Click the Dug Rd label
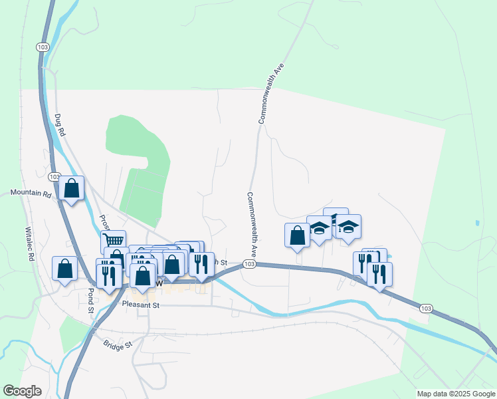61,126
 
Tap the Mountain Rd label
31,194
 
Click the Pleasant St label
142,305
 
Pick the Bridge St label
118,344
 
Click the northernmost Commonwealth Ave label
271,94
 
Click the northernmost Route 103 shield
43,47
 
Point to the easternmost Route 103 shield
426,308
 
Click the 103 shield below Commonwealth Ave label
249,264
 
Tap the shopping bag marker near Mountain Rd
72,188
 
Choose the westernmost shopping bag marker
64,269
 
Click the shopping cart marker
114,241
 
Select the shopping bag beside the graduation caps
297,235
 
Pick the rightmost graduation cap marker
348,227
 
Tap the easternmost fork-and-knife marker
379,273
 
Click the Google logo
23,391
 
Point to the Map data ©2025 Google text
455,394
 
